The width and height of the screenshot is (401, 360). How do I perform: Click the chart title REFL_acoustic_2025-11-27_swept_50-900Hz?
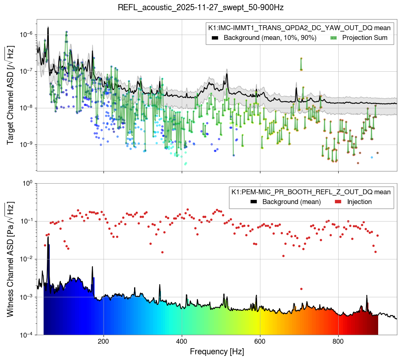coord(200,8)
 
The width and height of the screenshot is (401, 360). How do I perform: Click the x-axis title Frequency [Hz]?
coord(217,351)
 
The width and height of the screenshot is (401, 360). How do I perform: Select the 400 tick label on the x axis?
coord(182,341)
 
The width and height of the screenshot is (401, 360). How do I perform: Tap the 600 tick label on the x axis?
coord(260,341)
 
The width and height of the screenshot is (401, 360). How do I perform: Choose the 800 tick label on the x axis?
coord(338,341)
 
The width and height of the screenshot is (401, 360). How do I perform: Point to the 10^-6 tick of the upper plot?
coord(27,35)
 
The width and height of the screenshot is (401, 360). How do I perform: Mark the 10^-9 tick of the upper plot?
coord(27,145)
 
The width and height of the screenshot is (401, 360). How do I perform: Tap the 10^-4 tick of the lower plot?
coord(27,335)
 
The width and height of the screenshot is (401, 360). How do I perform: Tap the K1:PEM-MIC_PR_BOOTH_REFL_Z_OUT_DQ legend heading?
coord(311,192)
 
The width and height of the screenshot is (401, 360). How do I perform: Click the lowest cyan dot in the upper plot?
coord(185,164)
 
